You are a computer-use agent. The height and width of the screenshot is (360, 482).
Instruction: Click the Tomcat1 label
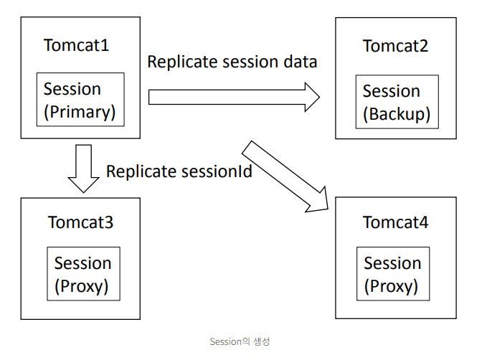click(76, 45)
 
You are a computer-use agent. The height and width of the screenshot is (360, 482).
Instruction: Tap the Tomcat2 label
click(395, 46)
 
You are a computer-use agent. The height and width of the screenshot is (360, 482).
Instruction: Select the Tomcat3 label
click(80, 222)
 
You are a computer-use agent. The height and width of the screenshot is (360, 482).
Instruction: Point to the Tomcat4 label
click(395, 222)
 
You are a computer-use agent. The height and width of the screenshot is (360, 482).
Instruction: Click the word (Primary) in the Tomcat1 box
click(80, 112)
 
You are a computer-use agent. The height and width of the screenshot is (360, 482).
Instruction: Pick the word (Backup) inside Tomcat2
click(397, 114)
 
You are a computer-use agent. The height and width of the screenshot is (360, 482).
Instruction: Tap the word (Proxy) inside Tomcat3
click(82, 286)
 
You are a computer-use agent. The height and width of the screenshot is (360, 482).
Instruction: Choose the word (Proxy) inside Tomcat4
click(391, 286)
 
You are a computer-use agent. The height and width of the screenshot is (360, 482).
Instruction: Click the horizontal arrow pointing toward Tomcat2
click(234, 97)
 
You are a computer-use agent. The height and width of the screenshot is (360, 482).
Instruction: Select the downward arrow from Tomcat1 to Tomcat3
click(84, 169)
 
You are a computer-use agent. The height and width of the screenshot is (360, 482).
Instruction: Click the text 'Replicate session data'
click(232, 62)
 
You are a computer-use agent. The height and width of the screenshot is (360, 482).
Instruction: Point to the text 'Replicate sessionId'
click(179, 171)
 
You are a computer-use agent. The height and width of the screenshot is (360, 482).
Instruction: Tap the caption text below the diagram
click(240, 341)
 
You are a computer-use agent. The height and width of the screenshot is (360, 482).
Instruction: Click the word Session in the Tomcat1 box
click(72, 89)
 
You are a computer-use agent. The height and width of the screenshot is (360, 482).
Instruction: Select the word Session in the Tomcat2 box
click(392, 91)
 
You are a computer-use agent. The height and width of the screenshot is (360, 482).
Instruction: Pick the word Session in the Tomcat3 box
click(83, 263)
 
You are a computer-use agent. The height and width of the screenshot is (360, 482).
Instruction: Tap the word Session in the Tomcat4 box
click(392, 263)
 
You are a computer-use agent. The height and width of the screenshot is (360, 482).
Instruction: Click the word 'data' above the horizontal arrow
click(301, 62)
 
